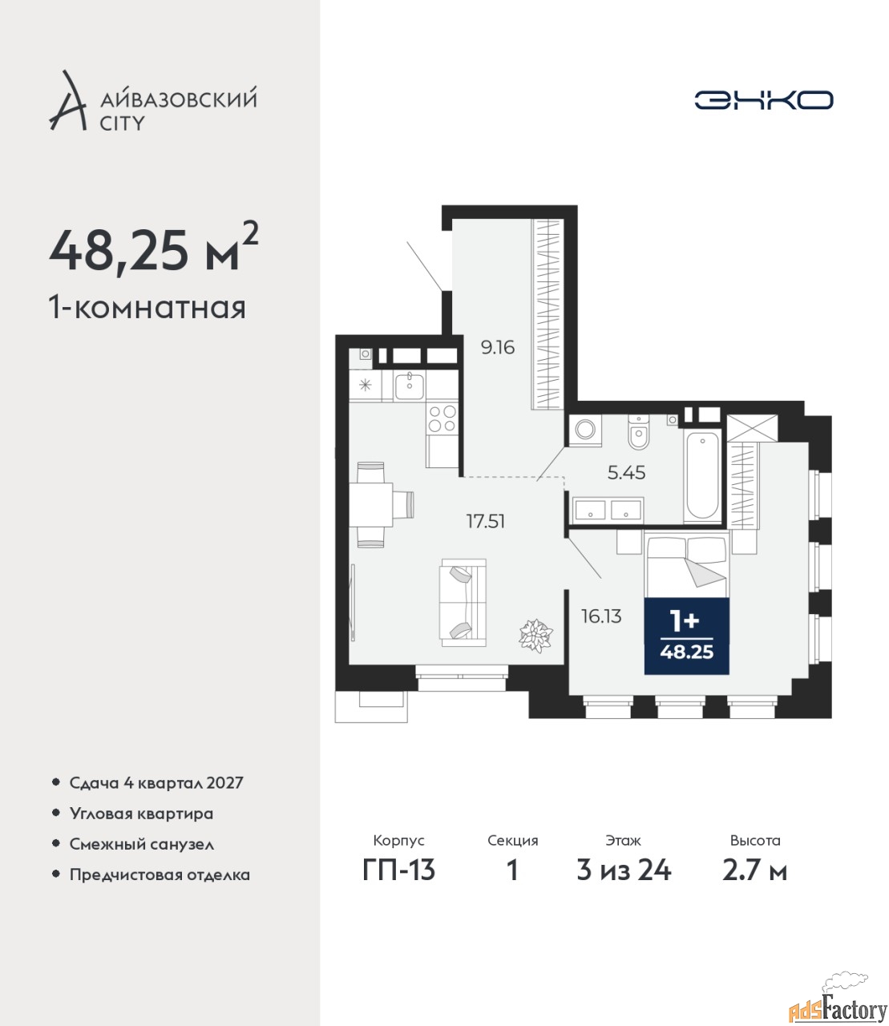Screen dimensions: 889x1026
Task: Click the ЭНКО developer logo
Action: tap(763, 100)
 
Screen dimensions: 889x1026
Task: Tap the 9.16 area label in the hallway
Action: tap(498, 347)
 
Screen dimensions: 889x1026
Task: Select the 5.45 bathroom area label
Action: tap(626, 473)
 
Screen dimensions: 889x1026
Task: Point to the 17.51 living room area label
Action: tap(486, 522)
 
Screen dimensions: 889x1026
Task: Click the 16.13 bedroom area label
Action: tap(601, 616)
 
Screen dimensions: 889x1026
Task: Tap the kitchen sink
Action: tap(410, 386)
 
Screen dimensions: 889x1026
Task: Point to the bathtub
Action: tap(702, 476)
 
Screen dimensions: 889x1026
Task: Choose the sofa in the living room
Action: tap(463, 603)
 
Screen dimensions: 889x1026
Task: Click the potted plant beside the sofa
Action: tap(535, 636)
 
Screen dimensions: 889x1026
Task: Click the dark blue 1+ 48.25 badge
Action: tap(686, 636)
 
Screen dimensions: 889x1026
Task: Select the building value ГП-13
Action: tap(398, 884)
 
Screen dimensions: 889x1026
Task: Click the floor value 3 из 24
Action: tap(624, 884)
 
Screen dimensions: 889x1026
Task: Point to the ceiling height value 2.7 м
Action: tap(754, 884)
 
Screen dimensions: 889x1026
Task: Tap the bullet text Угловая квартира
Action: tap(141, 814)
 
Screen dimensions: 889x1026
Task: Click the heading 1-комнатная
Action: tap(147, 308)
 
